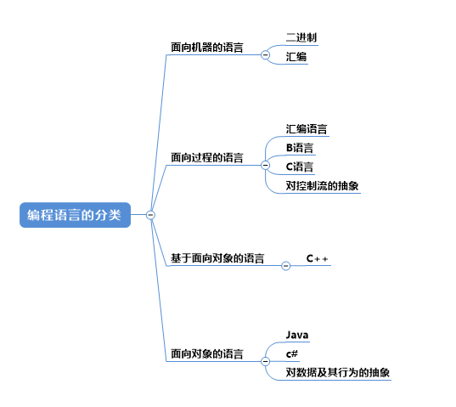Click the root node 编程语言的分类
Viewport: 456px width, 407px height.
coord(75,215)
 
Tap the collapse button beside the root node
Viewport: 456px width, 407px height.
coord(150,215)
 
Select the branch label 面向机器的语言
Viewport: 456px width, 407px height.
coord(206,48)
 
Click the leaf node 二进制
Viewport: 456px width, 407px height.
coord(301,37)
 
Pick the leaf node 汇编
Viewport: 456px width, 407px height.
coord(296,57)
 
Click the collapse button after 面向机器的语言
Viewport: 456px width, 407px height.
coord(265,54)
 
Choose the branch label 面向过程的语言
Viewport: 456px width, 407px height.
coord(206,158)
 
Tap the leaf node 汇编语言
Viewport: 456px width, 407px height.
coord(307,129)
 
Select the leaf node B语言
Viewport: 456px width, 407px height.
coord(300,148)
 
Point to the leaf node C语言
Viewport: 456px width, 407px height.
coord(300,167)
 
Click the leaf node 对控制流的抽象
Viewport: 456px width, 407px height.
coord(322,185)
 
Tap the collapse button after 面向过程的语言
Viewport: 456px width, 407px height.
coord(265,165)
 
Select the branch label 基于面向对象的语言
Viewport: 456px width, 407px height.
coord(217,258)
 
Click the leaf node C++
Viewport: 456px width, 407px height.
coord(317,258)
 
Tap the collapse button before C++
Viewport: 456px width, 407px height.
coord(286,266)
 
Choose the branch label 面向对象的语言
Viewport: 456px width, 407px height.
coord(206,353)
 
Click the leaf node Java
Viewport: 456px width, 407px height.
coord(297,335)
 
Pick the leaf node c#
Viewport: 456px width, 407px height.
coord(292,354)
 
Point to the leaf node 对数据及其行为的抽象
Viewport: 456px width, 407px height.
coord(338,372)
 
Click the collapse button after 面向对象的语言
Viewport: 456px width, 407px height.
coord(265,361)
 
